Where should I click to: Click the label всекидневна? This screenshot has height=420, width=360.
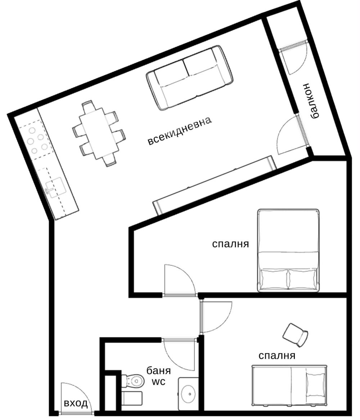pos(180,130)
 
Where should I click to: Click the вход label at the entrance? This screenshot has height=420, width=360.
pos(76,403)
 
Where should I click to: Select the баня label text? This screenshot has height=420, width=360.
pos(158,371)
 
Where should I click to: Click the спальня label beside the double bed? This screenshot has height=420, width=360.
pos(230,244)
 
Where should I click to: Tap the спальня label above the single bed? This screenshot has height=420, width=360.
pos(277,356)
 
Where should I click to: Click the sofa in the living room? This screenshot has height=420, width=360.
pos(189,77)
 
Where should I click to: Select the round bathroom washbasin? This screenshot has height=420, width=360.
pos(190,394)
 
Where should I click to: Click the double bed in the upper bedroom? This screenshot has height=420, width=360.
pos(288,250)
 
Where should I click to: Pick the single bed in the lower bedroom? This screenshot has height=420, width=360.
pos(289,386)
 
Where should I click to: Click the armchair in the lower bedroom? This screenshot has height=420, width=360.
pos(295,335)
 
